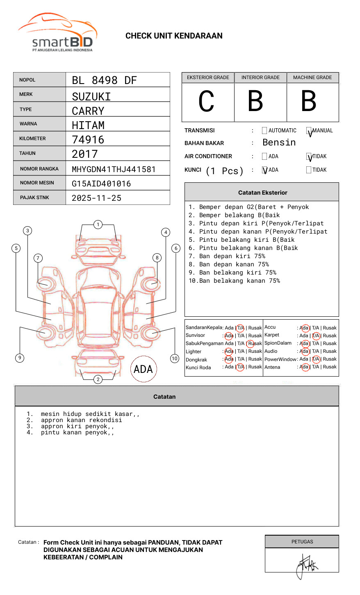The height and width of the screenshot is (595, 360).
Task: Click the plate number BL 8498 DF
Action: (104, 80)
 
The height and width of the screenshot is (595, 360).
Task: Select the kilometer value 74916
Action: (88, 140)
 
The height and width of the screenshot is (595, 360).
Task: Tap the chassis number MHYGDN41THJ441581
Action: (114, 169)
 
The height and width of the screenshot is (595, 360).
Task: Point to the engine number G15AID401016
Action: (101, 184)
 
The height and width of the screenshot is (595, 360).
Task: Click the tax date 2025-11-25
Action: (96, 198)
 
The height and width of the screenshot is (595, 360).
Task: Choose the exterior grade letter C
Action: (207, 102)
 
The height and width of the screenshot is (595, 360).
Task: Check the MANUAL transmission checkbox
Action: (309, 131)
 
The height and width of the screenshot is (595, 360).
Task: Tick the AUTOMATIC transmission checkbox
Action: (264, 131)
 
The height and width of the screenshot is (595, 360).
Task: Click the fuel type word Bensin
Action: (279, 143)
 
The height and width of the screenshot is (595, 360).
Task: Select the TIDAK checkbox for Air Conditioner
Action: (309, 157)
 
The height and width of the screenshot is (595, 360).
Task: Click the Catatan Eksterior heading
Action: (262, 193)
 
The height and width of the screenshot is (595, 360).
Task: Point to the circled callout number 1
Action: (98, 225)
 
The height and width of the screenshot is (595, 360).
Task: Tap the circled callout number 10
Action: (175, 359)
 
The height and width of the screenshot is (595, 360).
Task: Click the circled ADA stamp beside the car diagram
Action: (144, 369)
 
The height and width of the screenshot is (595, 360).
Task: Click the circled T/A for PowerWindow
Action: (316, 359)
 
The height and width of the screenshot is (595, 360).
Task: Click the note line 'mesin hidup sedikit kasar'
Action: (90, 414)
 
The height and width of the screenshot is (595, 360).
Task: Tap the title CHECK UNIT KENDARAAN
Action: (174, 36)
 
